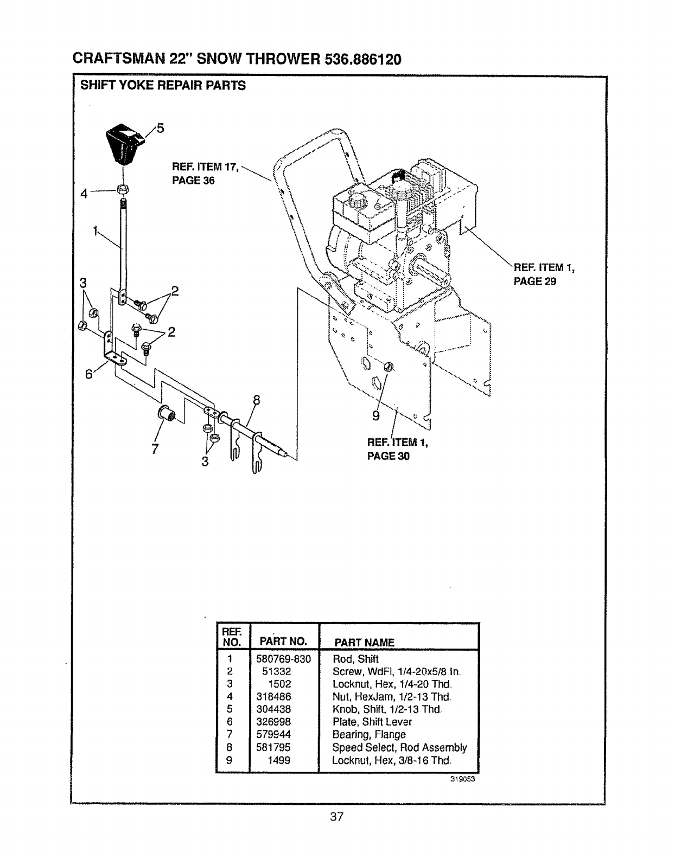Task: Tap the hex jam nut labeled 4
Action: click(123, 189)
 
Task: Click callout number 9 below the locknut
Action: click(375, 416)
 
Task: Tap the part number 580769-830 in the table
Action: click(283, 659)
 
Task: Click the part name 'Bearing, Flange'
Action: click(368, 734)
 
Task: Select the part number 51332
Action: click(277, 671)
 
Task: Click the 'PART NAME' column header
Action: click(364, 642)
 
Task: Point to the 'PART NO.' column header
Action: click(283, 642)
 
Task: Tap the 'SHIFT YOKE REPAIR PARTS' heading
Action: click(163, 86)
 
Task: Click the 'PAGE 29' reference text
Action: click(534, 281)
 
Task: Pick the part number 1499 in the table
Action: click(279, 760)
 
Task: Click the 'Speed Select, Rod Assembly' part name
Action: click(399, 747)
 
